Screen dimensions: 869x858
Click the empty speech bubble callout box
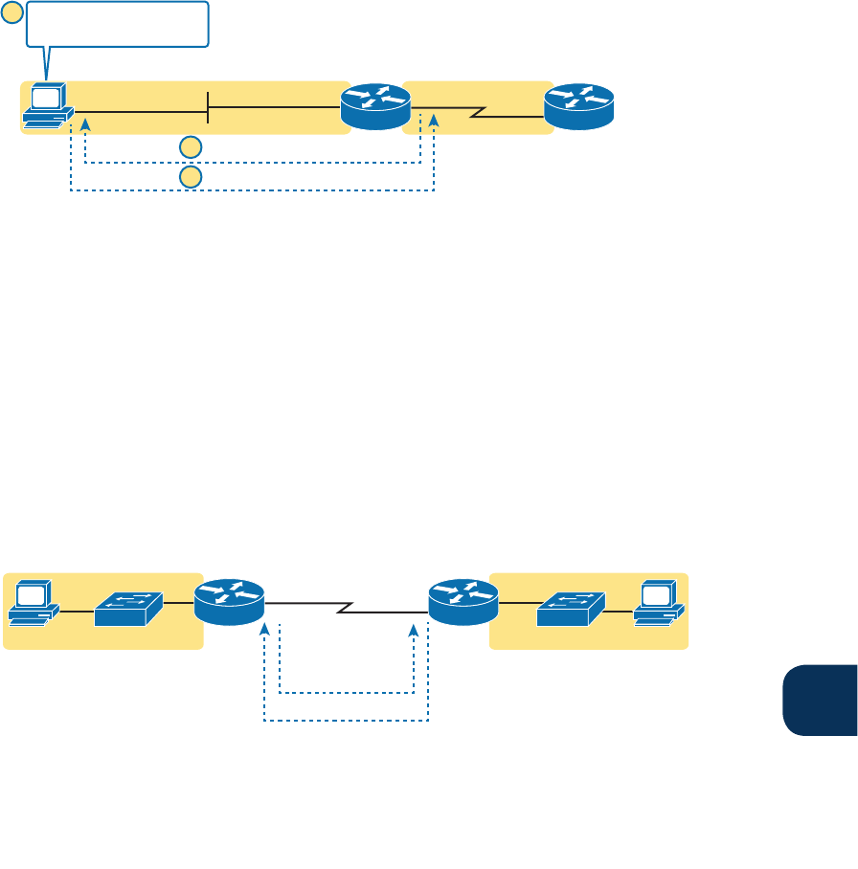point(117,24)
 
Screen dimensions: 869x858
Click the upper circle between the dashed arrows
point(192,146)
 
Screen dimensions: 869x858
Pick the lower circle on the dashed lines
point(192,177)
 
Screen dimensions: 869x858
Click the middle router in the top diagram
point(375,105)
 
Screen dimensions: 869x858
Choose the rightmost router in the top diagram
point(578,105)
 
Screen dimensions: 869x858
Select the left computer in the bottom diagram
point(34,603)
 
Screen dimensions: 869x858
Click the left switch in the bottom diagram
point(128,608)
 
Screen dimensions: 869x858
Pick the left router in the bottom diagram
point(229,601)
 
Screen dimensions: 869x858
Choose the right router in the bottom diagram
point(463,601)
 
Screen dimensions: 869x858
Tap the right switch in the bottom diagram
point(571,608)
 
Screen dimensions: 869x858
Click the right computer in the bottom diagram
point(659,603)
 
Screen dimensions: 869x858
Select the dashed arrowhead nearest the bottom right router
point(414,631)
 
